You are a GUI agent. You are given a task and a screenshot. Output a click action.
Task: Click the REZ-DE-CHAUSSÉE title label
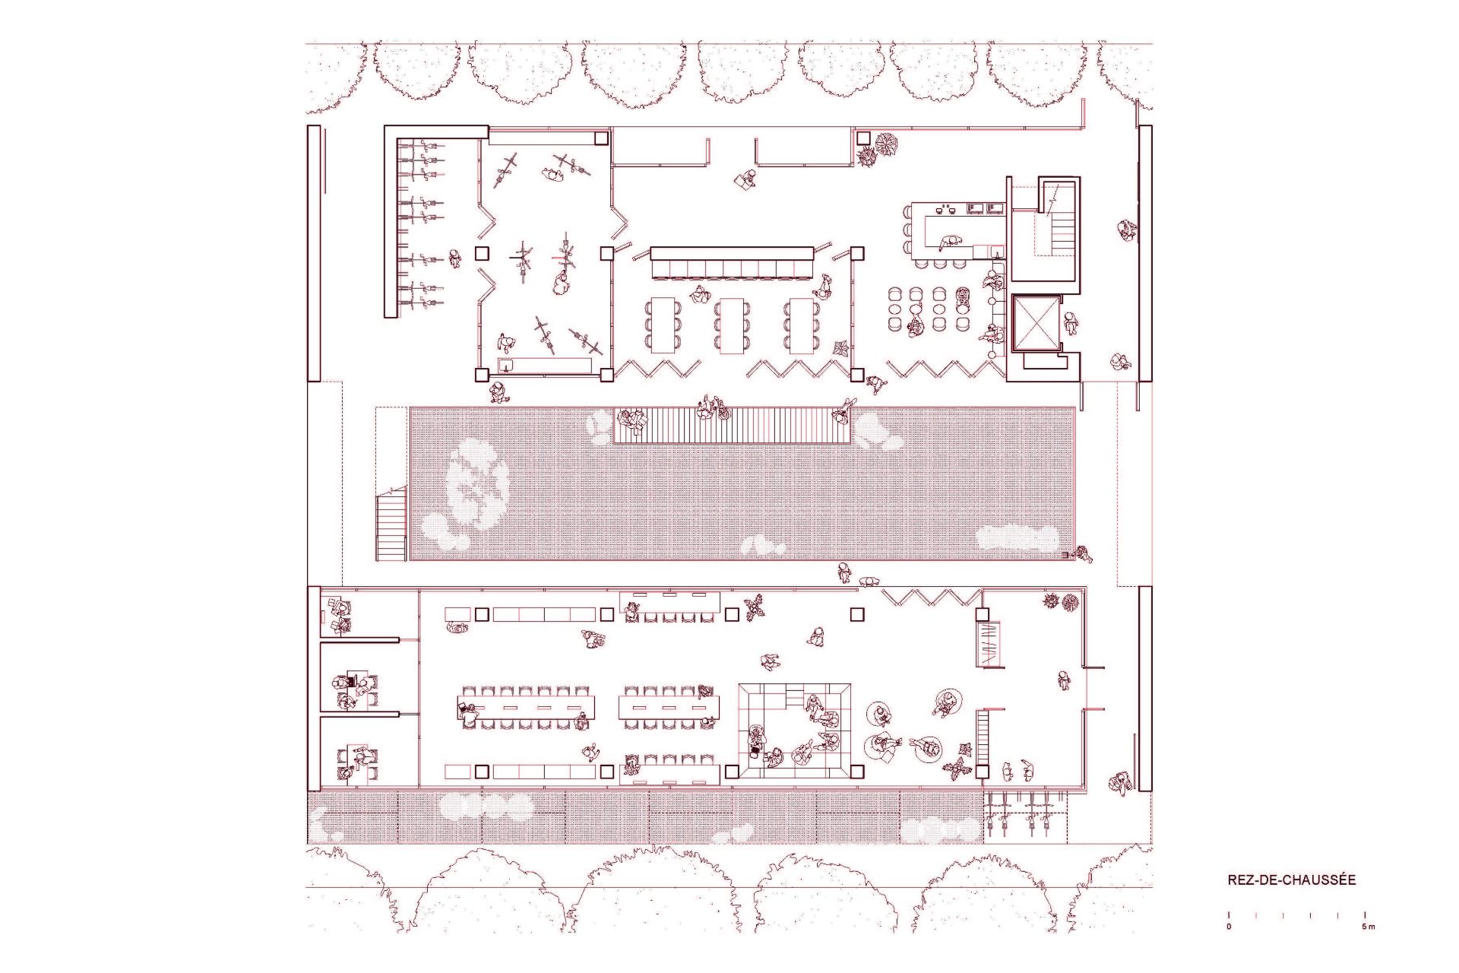pos(1291,880)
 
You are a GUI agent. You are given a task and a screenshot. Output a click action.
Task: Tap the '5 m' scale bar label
pos(1368,927)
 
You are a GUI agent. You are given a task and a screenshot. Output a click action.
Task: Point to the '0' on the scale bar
pos(1229,927)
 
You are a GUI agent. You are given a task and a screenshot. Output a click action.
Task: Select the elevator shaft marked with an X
pos(1036,323)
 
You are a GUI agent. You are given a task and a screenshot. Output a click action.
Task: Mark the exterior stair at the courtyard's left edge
pos(391,525)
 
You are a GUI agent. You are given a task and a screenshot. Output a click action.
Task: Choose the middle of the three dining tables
pos(732,325)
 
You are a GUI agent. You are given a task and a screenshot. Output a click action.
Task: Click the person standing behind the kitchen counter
pos(951,242)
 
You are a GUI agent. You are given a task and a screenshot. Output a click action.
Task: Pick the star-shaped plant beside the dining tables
pos(841,348)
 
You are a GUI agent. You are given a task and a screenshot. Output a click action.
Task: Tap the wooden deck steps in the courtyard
pos(732,426)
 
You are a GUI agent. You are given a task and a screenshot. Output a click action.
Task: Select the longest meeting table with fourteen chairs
pos(526,708)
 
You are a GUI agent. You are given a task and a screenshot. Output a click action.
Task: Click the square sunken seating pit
pos(795,730)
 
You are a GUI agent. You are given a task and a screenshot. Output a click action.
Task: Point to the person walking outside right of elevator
pos(1071,324)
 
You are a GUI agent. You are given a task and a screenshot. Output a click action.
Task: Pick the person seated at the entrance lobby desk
pos(745,179)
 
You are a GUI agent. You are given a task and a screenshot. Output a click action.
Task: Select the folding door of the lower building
pos(932,597)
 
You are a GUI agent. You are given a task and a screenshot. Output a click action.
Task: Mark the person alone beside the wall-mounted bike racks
pos(454,258)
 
